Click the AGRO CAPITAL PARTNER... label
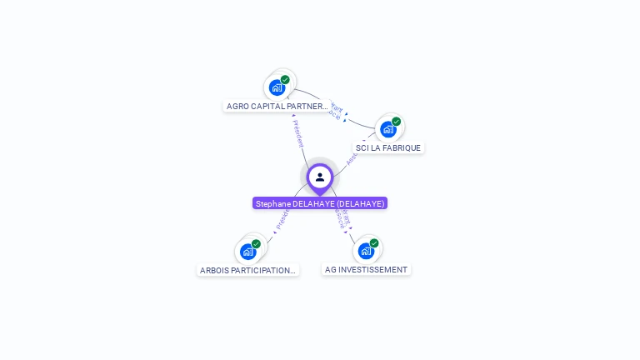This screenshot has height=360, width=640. click(277, 107)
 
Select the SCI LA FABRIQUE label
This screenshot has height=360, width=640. click(388, 148)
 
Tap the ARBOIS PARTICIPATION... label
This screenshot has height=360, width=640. click(247, 270)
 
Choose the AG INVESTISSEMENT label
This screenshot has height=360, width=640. click(366, 270)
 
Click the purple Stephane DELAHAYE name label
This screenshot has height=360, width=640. click(320, 203)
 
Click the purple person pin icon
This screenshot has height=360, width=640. click(320, 177)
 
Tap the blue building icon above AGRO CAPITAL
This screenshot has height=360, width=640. click(277, 87)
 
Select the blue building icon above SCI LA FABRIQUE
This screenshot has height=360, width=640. click(387, 129)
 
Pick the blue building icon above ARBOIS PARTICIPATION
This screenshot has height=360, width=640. click(247, 252)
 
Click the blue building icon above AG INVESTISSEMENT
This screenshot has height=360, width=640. click(365, 251)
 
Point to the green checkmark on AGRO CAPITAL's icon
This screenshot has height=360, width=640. click(285, 80)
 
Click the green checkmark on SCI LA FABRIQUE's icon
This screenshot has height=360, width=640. click(396, 122)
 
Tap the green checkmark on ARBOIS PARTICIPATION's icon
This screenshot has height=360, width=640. click(256, 244)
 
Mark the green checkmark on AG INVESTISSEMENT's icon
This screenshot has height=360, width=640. click(374, 243)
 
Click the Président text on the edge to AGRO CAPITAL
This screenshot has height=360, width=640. click(297, 133)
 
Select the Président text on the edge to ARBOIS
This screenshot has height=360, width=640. click(281, 219)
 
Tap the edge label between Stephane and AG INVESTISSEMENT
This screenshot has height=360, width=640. click(342, 218)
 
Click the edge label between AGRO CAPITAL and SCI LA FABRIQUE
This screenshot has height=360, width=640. click(335, 110)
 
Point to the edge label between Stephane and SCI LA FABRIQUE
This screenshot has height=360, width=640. click(351, 157)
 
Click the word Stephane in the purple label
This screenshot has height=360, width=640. click(272, 203)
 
